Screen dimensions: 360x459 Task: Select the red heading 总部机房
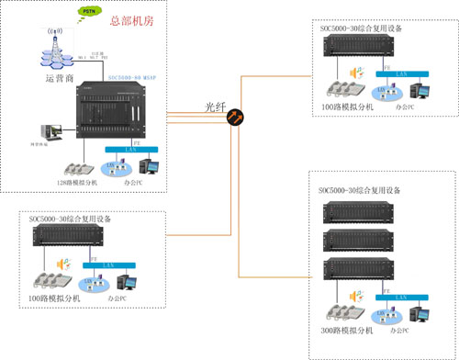tap(129, 19)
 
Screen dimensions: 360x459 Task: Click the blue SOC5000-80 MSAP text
tap(132, 79)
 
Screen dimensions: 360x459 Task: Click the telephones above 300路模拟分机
tap(344, 311)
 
